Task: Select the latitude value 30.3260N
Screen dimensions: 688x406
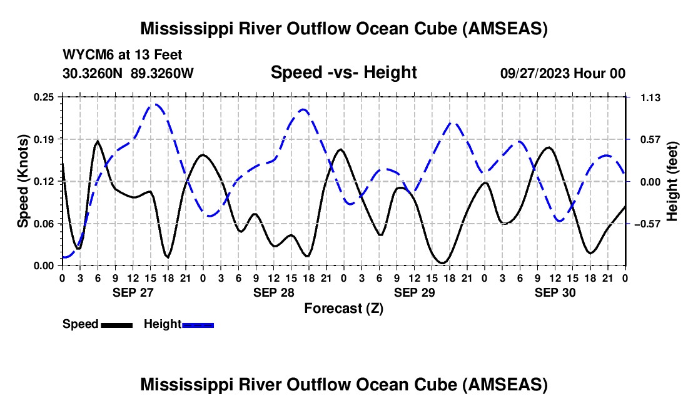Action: [x=93, y=73]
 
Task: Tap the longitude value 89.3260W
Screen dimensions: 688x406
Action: [x=162, y=73]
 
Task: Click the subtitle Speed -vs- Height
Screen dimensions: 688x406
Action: [x=343, y=72]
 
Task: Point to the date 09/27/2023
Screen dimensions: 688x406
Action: [x=534, y=73]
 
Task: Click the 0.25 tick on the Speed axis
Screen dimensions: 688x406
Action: [x=43, y=97]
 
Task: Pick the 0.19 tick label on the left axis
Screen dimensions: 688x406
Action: [x=43, y=139]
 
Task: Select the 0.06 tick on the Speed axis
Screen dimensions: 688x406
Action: [x=43, y=224]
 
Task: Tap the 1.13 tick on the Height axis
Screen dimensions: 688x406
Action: [x=650, y=97]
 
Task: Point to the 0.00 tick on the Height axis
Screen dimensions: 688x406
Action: [x=650, y=182]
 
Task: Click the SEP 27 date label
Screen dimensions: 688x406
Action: [x=133, y=292]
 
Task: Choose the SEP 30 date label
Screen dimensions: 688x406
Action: [x=555, y=292]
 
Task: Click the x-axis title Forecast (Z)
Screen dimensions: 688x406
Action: [x=344, y=309]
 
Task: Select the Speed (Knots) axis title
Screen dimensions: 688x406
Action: [x=23, y=181]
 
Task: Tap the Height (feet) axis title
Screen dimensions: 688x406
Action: [x=672, y=181]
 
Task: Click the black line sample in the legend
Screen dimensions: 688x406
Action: [x=117, y=325]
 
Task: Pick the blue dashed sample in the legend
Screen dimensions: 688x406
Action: [x=198, y=325]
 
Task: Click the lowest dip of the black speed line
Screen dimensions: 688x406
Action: [x=442, y=263]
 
